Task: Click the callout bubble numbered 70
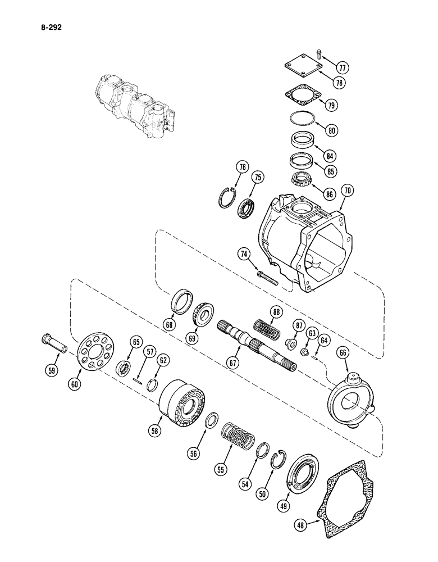click(348, 191)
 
